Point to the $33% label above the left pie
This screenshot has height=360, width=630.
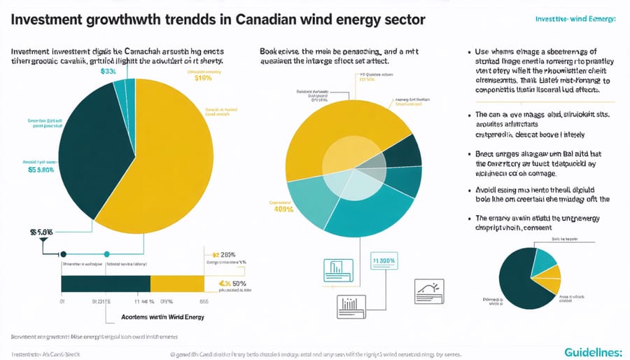[108, 71]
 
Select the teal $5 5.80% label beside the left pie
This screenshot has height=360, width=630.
[41, 169]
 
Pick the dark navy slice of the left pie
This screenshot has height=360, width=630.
[91, 154]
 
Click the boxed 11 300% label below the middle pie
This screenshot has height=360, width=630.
[384, 261]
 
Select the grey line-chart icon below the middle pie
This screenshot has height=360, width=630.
[429, 289]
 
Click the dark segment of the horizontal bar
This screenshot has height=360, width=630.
[105, 283]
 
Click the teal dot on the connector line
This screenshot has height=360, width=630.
[106, 254]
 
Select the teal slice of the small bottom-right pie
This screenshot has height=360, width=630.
[544, 259]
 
